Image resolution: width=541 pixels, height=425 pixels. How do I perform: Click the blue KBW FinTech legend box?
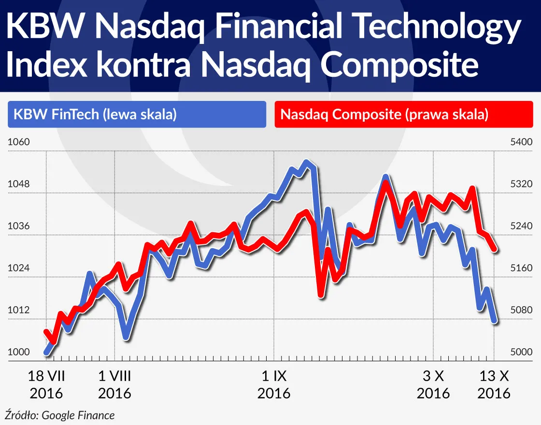137,114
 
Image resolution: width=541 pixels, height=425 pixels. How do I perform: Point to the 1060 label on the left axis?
19,142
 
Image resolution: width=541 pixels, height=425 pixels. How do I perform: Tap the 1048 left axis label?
19,184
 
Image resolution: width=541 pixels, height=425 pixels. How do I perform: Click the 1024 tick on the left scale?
19,268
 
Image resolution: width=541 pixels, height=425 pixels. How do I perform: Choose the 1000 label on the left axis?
19,352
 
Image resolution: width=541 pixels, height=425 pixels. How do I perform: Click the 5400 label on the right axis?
521,142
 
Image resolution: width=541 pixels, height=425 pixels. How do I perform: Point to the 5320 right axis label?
521,184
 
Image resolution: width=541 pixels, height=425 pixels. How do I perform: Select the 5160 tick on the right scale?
521,268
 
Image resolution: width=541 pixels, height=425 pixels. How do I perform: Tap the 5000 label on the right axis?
521,352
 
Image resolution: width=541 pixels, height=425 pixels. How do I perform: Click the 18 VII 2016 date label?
46,384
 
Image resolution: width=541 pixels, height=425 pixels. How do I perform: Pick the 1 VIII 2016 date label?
114,384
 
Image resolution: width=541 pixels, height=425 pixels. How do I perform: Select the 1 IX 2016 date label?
274,384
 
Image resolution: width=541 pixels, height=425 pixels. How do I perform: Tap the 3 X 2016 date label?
433,384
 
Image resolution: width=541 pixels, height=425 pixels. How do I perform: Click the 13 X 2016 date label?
494,384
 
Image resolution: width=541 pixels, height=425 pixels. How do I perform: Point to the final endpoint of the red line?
495,249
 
